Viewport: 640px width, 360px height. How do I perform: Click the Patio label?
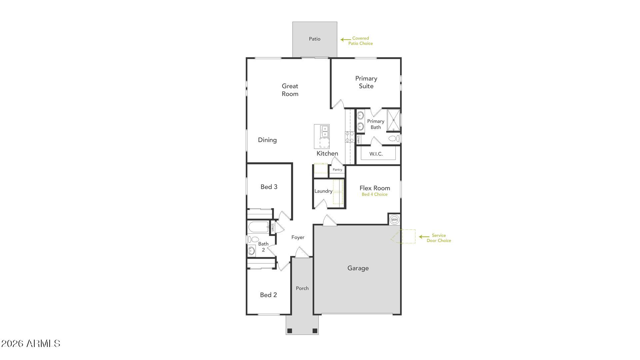[x=314, y=39]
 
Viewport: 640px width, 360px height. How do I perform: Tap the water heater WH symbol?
[x=394, y=220]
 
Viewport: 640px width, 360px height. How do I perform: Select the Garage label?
[x=358, y=268]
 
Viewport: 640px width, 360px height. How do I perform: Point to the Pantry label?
[x=337, y=170]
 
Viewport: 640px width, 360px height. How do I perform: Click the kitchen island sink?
[x=324, y=131]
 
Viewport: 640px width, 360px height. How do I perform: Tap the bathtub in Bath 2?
[x=259, y=227]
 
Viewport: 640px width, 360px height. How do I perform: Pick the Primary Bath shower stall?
[x=393, y=120]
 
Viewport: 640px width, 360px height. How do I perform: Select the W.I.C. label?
[x=376, y=154]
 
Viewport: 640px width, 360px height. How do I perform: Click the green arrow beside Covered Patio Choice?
[x=345, y=40]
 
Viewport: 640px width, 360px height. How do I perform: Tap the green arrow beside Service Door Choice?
[x=424, y=237]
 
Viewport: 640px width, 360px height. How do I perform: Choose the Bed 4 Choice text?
[x=375, y=194]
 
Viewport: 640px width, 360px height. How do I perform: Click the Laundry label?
[x=323, y=191]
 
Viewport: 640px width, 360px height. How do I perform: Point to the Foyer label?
[x=298, y=237]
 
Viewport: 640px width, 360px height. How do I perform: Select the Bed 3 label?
[x=269, y=187]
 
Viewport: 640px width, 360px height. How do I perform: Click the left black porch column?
[x=290, y=331]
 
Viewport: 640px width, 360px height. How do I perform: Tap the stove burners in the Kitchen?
[x=350, y=137]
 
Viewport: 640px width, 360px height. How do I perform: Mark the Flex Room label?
[x=375, y=188]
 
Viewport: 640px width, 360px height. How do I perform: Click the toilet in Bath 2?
[x=254, y=239]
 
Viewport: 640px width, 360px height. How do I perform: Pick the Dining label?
[x=267, y=140]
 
